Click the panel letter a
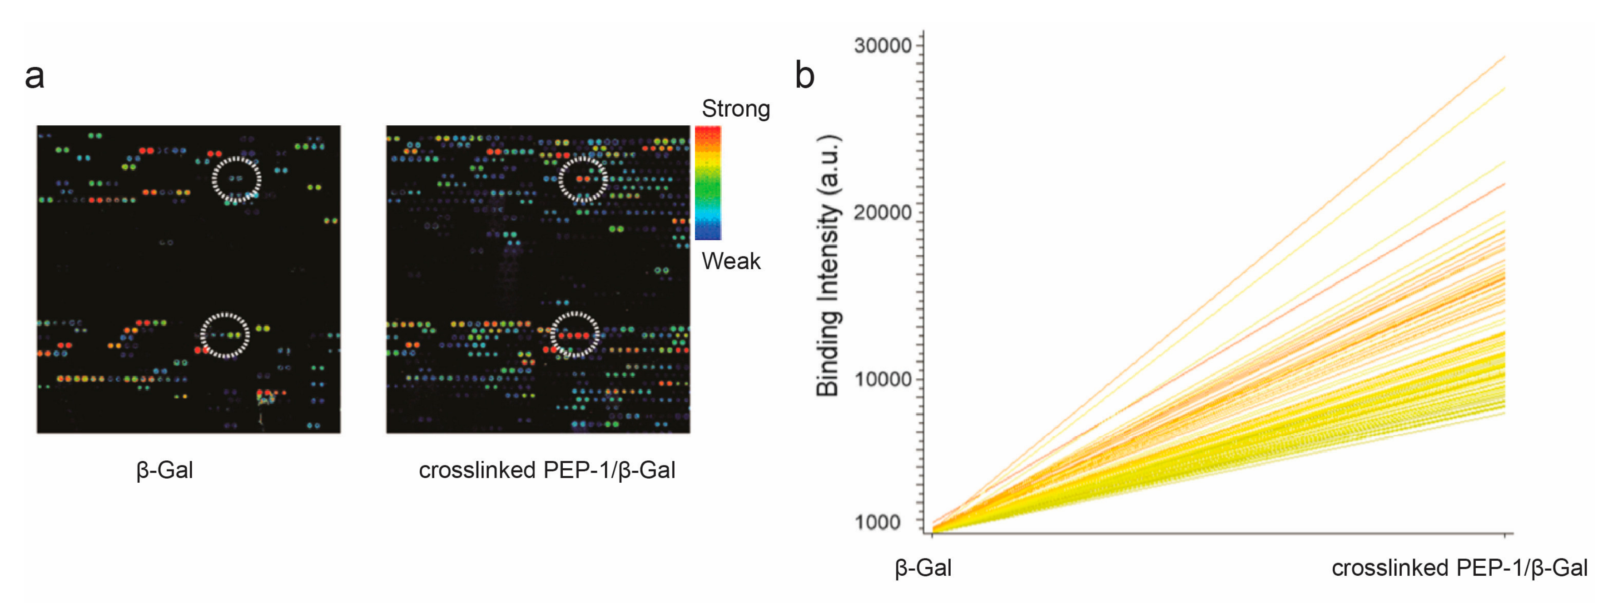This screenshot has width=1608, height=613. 35,77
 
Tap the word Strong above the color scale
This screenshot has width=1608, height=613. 735,109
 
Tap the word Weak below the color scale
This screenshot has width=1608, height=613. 730,261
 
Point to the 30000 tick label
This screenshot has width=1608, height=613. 882,45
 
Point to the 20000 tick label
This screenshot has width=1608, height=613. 882,212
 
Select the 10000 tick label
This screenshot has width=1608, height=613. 882,379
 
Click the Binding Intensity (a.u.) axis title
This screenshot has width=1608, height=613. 829,265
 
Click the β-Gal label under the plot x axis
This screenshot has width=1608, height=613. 923,568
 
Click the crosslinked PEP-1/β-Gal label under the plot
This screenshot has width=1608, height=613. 1459,568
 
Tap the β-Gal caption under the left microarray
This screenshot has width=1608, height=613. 164,470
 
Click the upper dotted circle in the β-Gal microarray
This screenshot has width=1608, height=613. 236,179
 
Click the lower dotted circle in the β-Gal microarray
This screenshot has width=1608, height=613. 225,335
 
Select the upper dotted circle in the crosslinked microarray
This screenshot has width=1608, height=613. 582,179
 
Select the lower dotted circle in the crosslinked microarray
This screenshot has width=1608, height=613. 574,335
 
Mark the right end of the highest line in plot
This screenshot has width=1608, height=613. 1504,57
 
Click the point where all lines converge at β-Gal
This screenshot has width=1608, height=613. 933,531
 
